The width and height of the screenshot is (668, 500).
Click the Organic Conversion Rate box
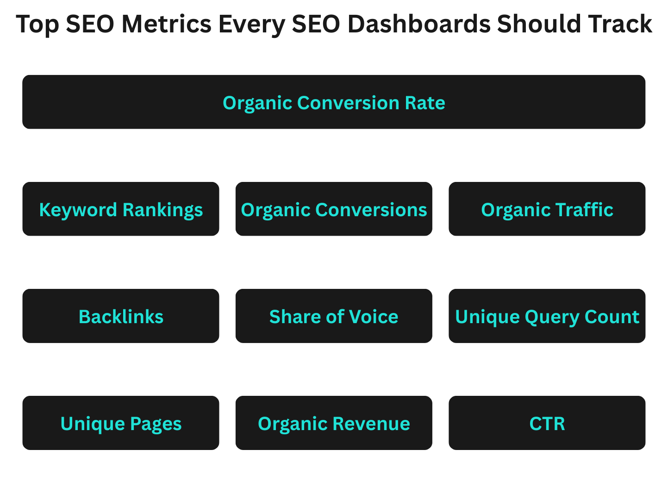(333, 102)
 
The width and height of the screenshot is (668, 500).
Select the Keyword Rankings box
(121, 209)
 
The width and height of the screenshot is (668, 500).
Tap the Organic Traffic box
(547, 209)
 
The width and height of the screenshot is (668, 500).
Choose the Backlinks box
(121, 316)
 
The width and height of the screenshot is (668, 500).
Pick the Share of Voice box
(333, 316)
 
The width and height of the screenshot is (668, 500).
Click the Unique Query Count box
(547, 316)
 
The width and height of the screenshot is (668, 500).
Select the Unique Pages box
(121, 423)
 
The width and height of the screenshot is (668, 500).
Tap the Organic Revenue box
(333, 423)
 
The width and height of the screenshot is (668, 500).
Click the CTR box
(547, 423)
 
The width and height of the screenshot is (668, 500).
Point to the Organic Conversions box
(333, 209)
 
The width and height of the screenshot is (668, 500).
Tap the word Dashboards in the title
(418, 24)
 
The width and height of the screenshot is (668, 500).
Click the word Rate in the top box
(425, 103)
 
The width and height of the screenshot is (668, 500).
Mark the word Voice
(374, 317)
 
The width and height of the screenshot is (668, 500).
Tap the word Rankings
(163, 210)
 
